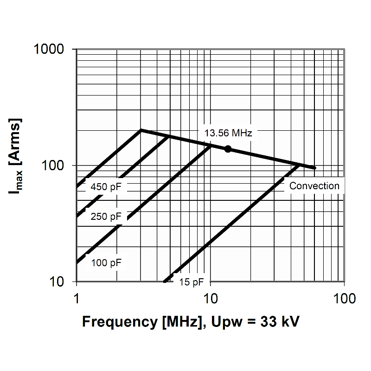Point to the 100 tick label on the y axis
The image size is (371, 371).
(x=57, y=166)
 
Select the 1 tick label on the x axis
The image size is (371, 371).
(x=77, y=298)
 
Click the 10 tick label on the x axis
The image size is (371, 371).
(x=210, y=298)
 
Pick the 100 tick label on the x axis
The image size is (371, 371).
(x=344, y=298)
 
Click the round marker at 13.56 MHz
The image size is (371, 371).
(x=228, y=149)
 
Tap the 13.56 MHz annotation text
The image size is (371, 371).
(x=228, y=134)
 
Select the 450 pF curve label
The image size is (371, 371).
(x=106, y=187)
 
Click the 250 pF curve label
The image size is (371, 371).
(x=106, y=217)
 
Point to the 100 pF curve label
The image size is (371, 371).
(x=106, y=263)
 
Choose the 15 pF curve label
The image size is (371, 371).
(x=192, y=282)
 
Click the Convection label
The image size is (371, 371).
(x=314, y=186)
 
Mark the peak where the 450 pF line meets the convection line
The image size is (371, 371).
(x=141, y=130)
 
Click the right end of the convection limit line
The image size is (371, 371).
(x=315, y=168)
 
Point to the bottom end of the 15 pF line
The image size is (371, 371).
(x=164, y=281)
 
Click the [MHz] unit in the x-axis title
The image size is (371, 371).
(x=181, y=321)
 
